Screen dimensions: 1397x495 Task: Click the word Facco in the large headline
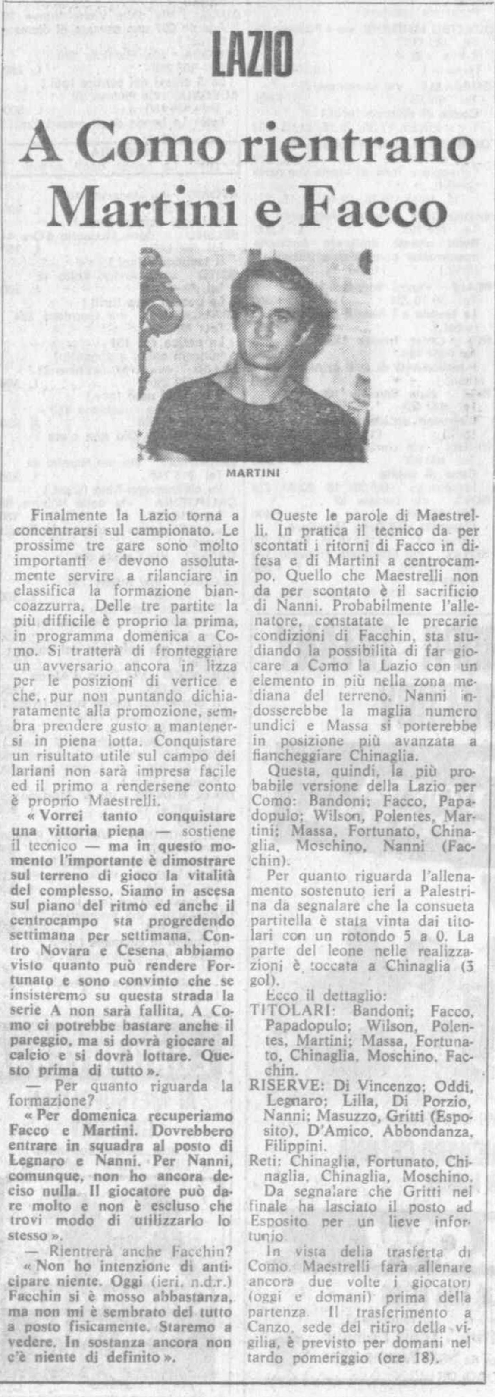[375, 209]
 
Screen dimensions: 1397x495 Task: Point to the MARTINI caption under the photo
[253, 473]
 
